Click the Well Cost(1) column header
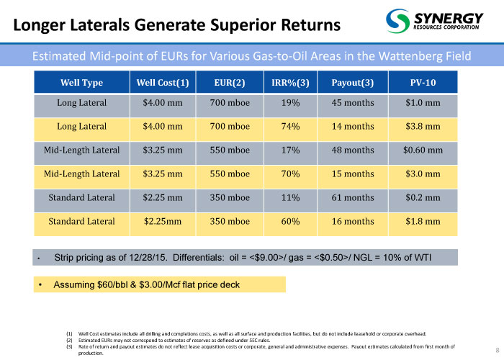coord(162,83)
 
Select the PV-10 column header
coord(423,83)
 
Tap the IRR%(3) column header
coord(290,83)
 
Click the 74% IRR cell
coord(290,127)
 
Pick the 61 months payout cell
coord(352,197)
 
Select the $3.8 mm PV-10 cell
coord(423,127)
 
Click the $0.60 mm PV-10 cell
coord(423,150)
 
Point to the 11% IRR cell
coord(290,197)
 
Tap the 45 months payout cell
coord(352,103)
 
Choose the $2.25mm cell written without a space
coord(162,221)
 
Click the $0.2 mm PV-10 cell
coord(423,197)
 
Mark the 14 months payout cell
coord(352,127)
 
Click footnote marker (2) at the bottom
coord(70,341)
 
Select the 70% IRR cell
coord(290,174)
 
